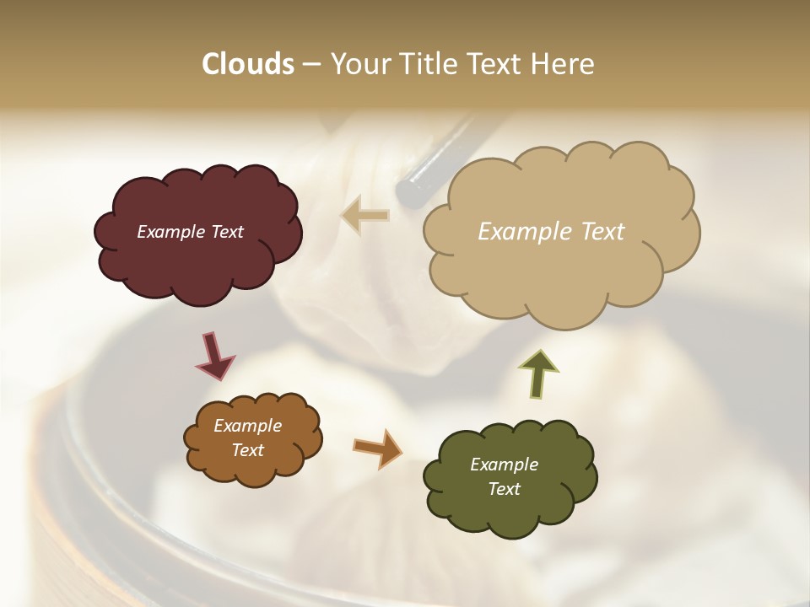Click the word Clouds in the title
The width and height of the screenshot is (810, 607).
(x=247, y=64)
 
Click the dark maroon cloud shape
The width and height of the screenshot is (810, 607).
(x=197, y=270)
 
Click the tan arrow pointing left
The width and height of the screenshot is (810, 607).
(x=365, y=216)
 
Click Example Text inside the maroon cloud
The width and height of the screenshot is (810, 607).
(x=190, y=232)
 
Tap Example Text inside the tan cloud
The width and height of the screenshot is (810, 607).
(x=551, y=232)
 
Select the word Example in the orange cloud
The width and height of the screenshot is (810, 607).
(x=247, y=426)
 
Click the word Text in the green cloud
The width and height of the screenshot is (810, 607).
(x=504, y=489)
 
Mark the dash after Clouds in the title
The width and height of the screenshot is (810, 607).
(x=310, y=64)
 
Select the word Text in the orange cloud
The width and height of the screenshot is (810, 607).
(x=247, y=450)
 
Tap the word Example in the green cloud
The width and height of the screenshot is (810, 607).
(x=504, y=465)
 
